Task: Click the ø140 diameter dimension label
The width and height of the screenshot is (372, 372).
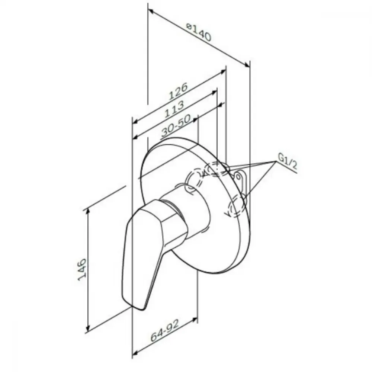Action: click(x=198, y=32)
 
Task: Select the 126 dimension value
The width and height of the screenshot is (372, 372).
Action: click(x=178, y=91)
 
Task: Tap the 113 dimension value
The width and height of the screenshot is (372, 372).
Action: click(x=174, y=109)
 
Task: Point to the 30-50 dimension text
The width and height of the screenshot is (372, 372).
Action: click(x=176, y=126)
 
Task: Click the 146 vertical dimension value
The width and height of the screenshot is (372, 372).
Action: click(x=82, y=269)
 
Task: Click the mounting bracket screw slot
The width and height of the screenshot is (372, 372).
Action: click(x=238, y=176)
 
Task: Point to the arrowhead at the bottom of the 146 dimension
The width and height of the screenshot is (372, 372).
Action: click(x=88, y=328)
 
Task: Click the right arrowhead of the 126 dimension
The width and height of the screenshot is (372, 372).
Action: click(x=223, y=72)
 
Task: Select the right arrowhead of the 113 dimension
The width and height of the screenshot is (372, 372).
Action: click(x=215, y=92)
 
